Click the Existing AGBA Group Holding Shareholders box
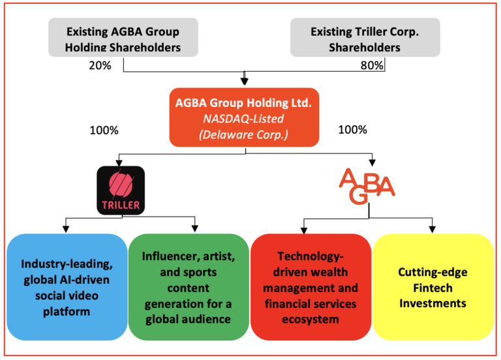[123, 40]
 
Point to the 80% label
[371, 66]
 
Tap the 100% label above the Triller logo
[104, 130]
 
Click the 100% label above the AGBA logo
[353, 130]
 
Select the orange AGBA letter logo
[367, 185]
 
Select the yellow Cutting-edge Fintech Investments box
[433, 287]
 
